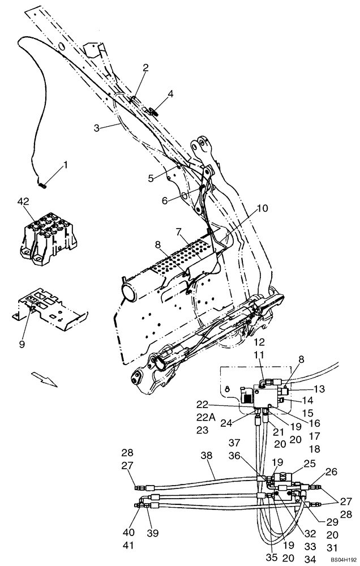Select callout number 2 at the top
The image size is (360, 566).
(145, 68)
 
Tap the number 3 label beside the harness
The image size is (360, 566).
(97, 128)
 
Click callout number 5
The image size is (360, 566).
(151, 178)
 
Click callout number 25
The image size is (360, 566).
(310, 464)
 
